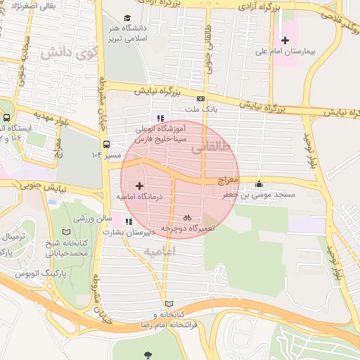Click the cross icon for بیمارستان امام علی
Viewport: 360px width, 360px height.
[x=285, y=40]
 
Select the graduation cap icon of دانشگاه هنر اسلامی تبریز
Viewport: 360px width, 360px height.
[x=127, y=18]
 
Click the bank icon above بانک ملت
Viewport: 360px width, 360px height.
[x=201, y=99]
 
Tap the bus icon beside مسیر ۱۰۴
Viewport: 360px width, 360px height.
[x=105, y=144]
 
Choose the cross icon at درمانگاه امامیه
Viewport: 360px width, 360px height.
[x=139, y=186]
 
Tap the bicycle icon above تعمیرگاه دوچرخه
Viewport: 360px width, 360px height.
[x=187, y=217]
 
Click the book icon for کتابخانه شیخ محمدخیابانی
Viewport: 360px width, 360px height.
[x=67, y=232]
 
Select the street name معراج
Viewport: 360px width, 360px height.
[x=229, y=181]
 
